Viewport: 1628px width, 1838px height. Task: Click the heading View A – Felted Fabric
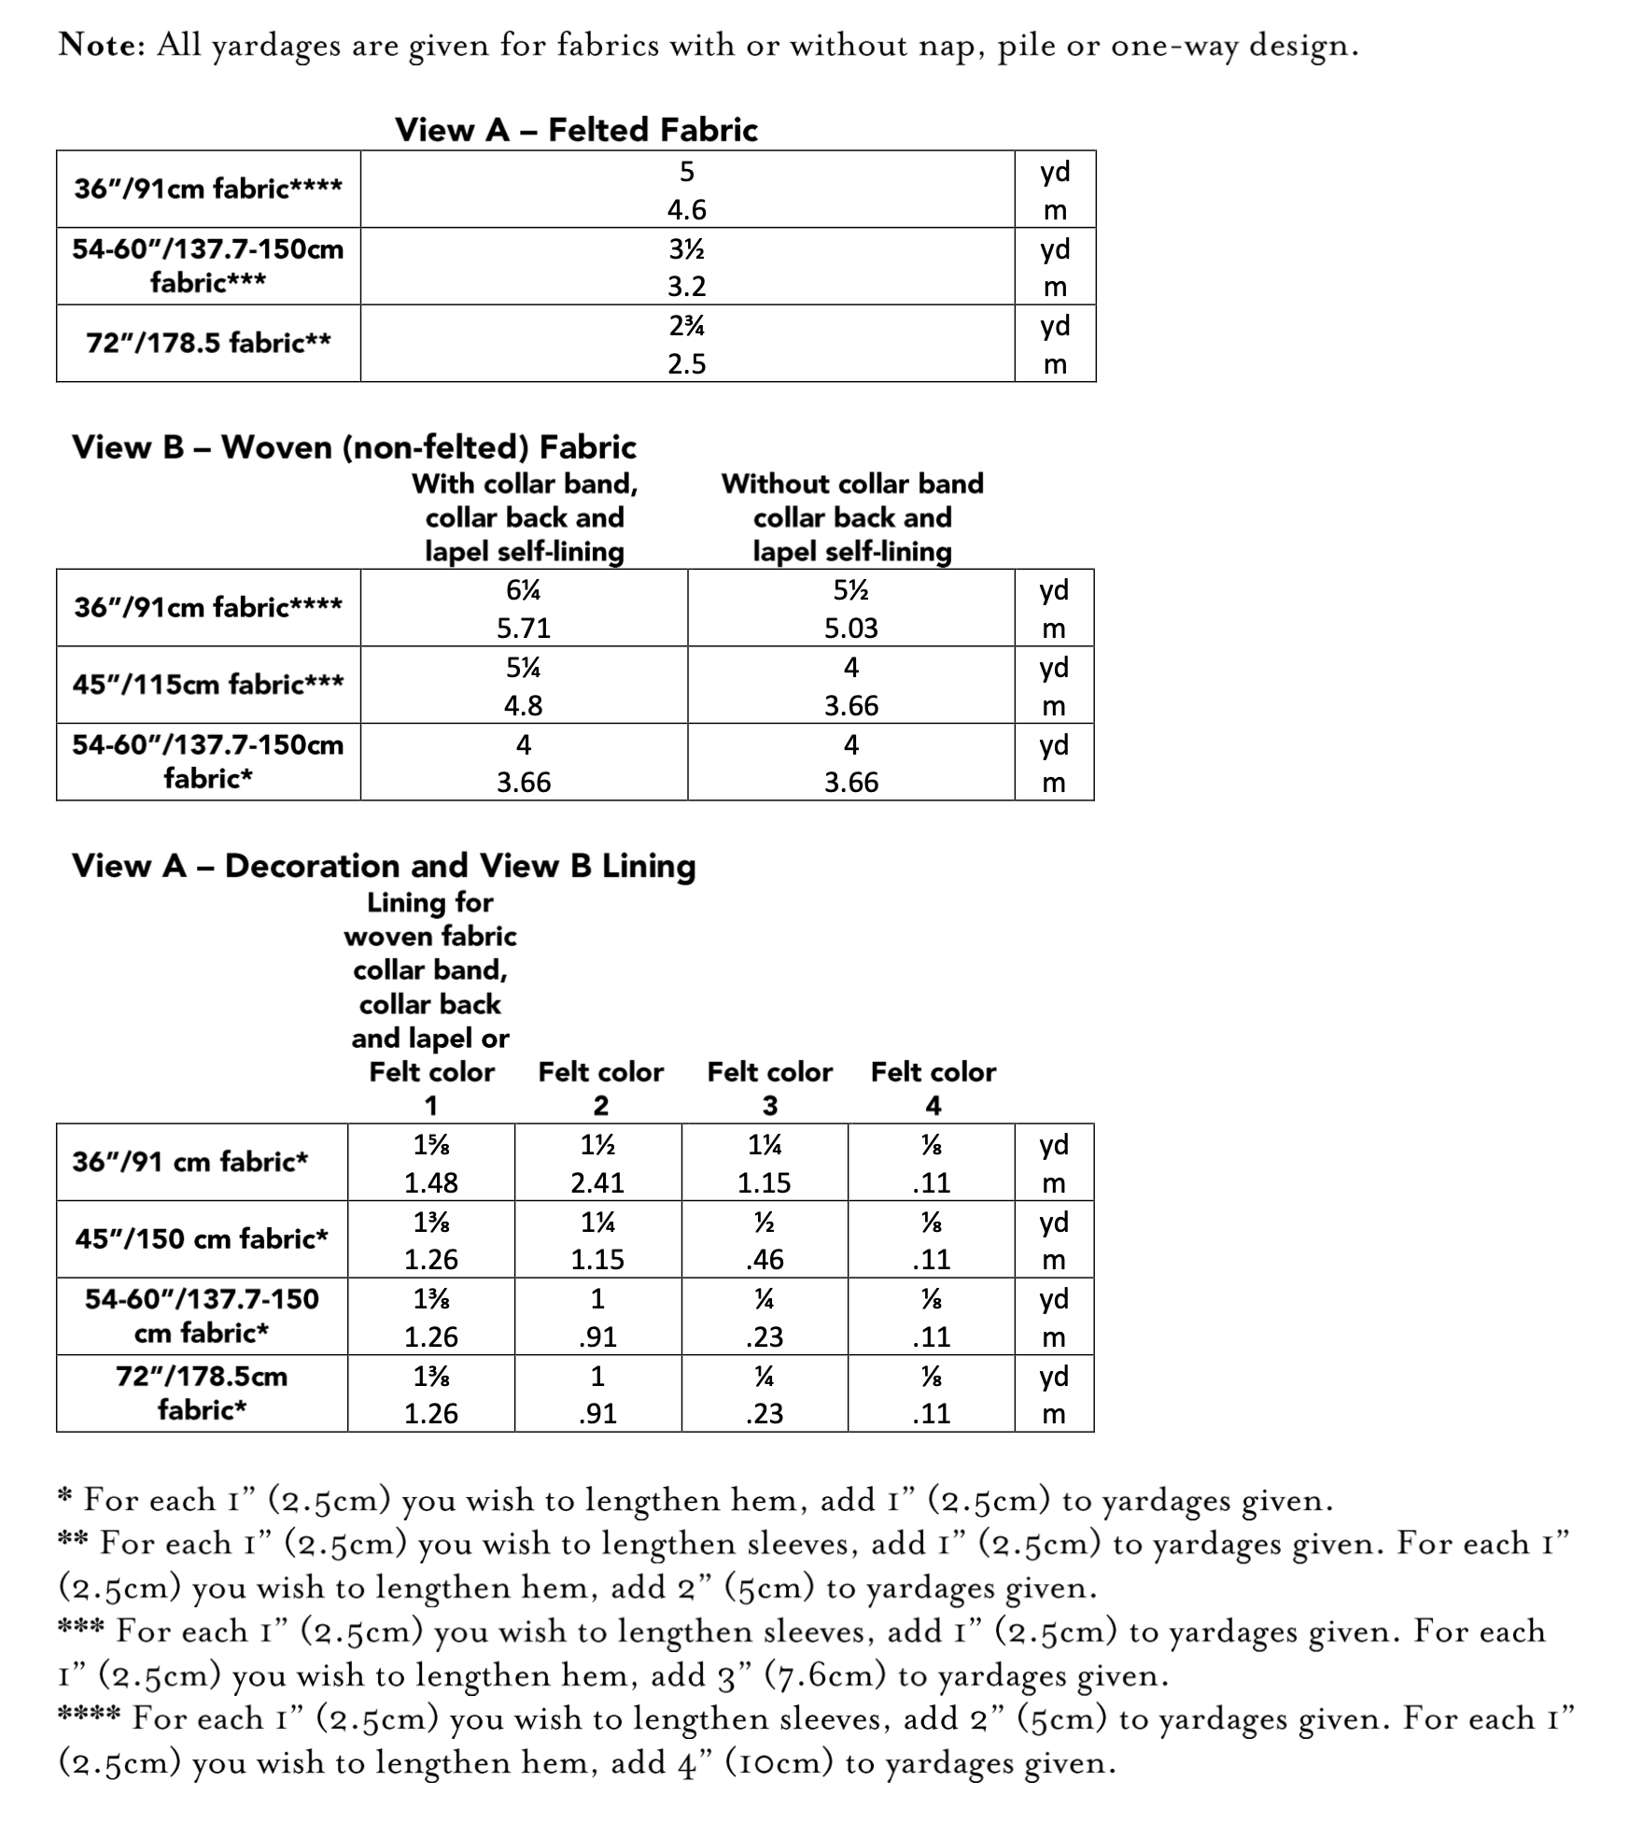(x=576, y=130)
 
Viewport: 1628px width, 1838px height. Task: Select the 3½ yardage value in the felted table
(x=686, y=249)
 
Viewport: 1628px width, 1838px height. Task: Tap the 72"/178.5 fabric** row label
(x=208, y=343)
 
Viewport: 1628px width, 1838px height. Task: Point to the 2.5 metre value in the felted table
(x=686, y=363)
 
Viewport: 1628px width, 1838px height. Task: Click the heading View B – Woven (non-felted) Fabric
(x=354, y=447)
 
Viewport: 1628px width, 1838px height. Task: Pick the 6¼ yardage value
(x=524, y=590)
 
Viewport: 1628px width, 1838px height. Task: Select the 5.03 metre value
(x=850, y=628)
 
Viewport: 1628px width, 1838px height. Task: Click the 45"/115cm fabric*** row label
(x=208, y=684)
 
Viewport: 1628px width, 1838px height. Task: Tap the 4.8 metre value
(x=523, y=705)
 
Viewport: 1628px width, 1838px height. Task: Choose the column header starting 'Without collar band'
(x=851, y=516)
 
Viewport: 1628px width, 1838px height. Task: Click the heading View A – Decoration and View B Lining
(x=384, y=866)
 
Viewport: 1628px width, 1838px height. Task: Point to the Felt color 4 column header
(x=933, y=1087)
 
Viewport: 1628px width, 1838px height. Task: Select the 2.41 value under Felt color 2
(x=597, y=1182)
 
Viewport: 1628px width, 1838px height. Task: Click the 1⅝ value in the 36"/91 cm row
(x=430, y=1145)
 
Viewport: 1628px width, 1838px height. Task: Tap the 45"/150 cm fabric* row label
(x=202, y=1238)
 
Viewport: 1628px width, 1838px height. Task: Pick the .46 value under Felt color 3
(x=765, y=1259)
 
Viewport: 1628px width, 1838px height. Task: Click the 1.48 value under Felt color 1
(x=430, y=1182)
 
